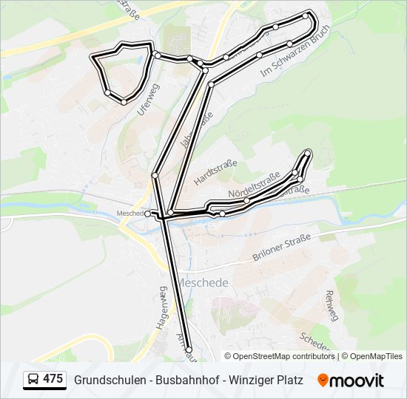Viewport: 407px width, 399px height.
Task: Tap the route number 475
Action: [x=53, y=379]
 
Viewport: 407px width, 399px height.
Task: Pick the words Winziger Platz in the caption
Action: [x=267, y=380]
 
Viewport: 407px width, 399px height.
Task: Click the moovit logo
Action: [x=351, y=380]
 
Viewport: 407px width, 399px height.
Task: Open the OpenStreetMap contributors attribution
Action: [x=285, y=356]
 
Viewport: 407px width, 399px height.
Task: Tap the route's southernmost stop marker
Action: [x=189, y=349]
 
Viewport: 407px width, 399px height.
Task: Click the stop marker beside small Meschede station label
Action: [x=148, y=214]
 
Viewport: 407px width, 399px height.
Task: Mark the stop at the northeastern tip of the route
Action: [x=306, y=15]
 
